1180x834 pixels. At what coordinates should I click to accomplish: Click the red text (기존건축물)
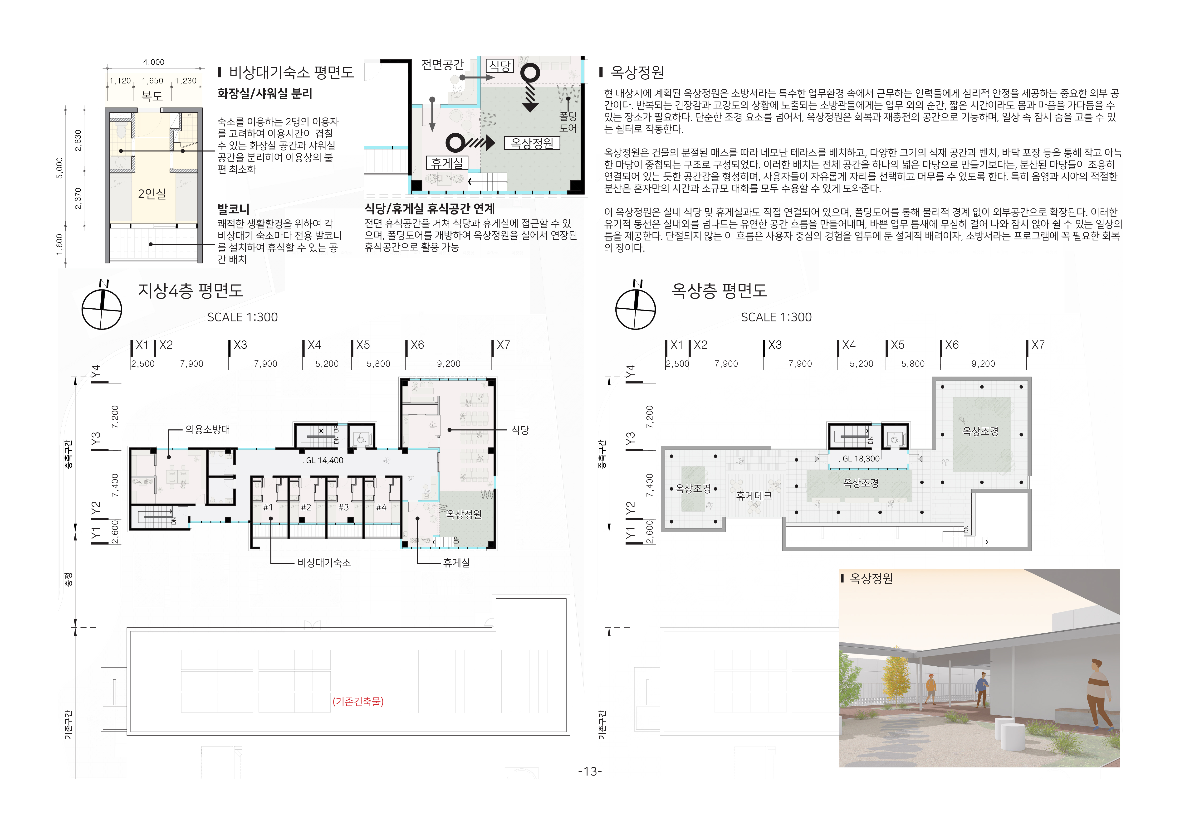point(358,702)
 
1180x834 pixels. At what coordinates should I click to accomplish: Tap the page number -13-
point(590,771)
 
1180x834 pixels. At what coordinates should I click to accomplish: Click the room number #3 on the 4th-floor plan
point(343,507)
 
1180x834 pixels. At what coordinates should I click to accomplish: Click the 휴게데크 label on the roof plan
point(754,495)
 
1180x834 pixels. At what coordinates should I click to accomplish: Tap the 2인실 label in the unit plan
point(152,194)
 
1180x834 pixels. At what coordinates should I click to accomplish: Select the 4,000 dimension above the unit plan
point(154,62)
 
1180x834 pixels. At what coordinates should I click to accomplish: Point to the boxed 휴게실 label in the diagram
point(447,163)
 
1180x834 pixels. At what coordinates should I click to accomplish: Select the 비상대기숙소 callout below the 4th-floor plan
point(324,563)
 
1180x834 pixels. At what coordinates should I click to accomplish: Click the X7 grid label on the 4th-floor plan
point(503,345)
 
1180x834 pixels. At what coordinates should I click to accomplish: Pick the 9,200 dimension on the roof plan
point(983,364)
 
